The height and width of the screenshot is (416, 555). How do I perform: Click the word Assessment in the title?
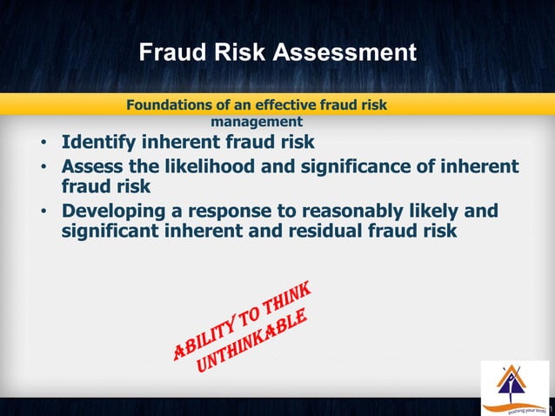(345, 53)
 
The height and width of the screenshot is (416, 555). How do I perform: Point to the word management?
(257, 122)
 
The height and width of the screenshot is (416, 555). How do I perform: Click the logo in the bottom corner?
(515, 388)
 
